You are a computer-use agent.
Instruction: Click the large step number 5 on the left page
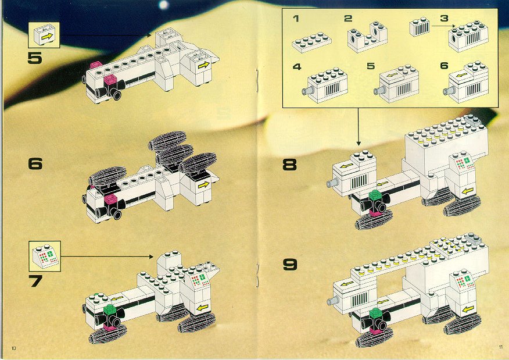pyautogui.click(x=34, y=58)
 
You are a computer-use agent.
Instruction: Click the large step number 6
pyautogui.click(x=35, y=164)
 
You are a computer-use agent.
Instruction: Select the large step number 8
pyautogui.click(x=289, y=165)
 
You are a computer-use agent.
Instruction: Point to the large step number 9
pyautogui.click(x=289, y=265)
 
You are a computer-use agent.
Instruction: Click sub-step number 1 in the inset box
pyautogui.click(x=296, y=19)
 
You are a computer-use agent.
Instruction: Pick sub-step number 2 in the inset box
pyautogui.click(x=347, y=19)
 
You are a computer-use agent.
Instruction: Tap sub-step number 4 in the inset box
pyautogui.click(x=297, y=67)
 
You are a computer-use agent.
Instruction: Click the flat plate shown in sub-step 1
pyautogui.click(x=311, y=42)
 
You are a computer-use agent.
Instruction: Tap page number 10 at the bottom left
pyautogui.click(x=12, y=348)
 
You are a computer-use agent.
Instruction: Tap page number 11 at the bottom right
pyautogui.click(x=499, y=348)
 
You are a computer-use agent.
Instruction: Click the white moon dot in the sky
pyautogui.click(x=163, y=5)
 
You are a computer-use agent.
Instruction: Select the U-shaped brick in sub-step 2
pyautogui.click(x=368, y=38)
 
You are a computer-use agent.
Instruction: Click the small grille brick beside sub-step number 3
pyautogui.click(x=421, y=27)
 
